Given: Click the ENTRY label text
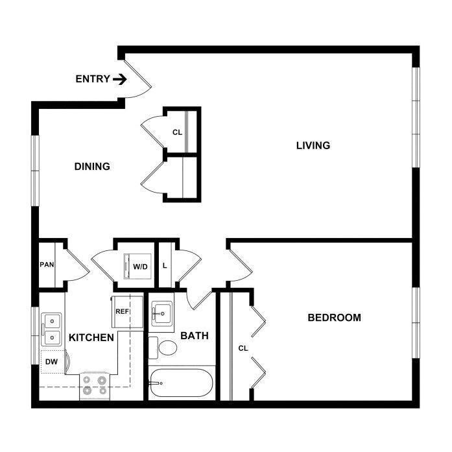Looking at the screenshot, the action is (x=93, y=78).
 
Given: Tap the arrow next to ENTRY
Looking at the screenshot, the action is (x=120, y=79).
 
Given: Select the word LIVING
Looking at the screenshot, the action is (x=313, y=145).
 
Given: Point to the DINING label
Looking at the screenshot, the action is (x=92, y=166).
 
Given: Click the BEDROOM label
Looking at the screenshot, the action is (x=335, y=317).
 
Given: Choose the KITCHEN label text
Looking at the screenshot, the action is (x=91, y=338).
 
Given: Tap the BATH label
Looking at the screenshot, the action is (x=195, y=335).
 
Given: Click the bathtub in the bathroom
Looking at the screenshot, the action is (x=182, y=383).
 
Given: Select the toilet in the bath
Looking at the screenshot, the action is (x=162, y=348).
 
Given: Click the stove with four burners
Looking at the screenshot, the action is (x=95, y=387).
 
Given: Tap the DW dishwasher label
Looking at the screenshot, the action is (x=52, y=361).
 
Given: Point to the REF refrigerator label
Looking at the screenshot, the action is (x=122, y=312).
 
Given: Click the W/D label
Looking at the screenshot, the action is (x=140, y=267).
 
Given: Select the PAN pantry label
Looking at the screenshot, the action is (x=47, y=265).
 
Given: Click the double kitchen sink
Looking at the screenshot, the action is (x=51, y=329).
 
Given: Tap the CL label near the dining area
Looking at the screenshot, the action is (x=177, y=132).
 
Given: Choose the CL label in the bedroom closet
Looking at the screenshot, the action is (x=243, y=348).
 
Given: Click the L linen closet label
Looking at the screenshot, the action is (x=165, y=265).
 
